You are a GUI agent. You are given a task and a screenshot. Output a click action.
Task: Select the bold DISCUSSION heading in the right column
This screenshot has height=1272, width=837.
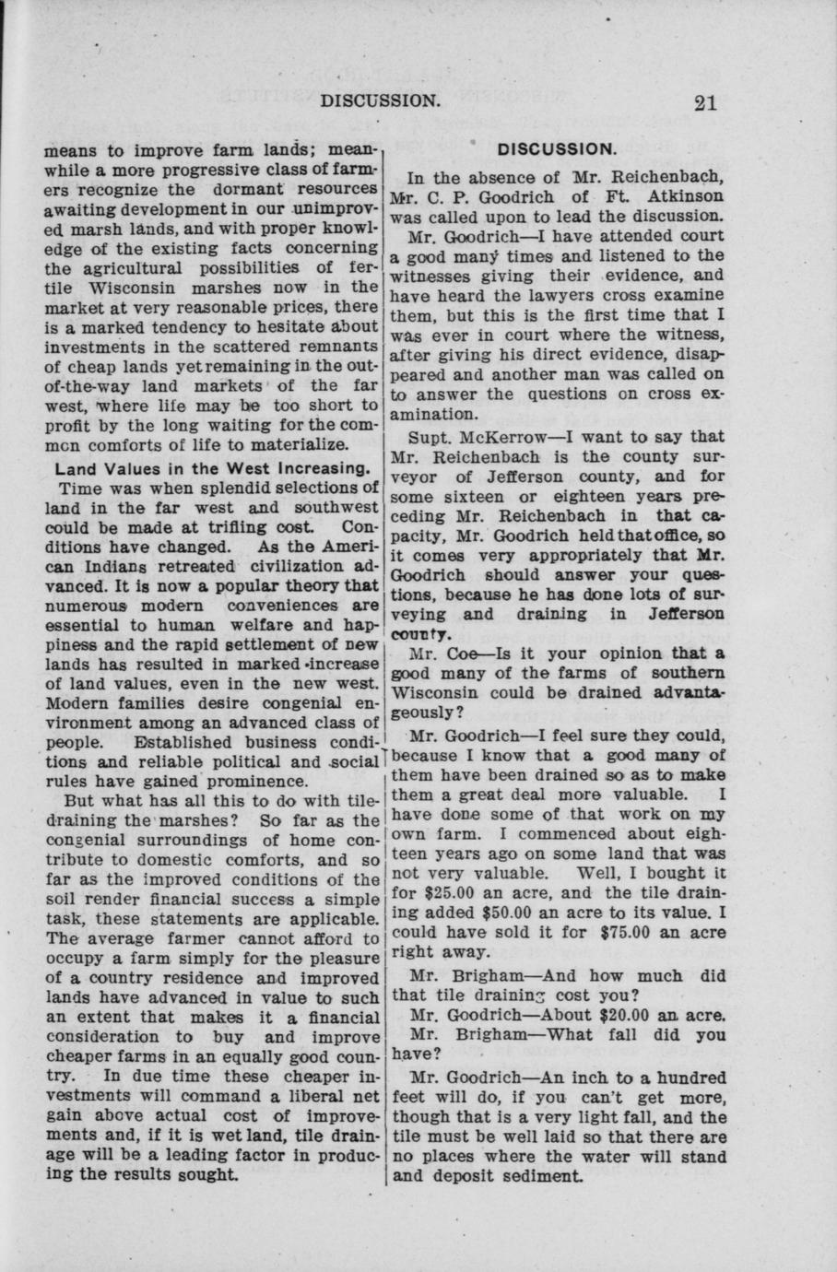pyautogui.click(x=556, y=149)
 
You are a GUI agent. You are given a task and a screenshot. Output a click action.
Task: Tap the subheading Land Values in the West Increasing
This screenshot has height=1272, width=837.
pyautogui.click(x=213, y=467)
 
